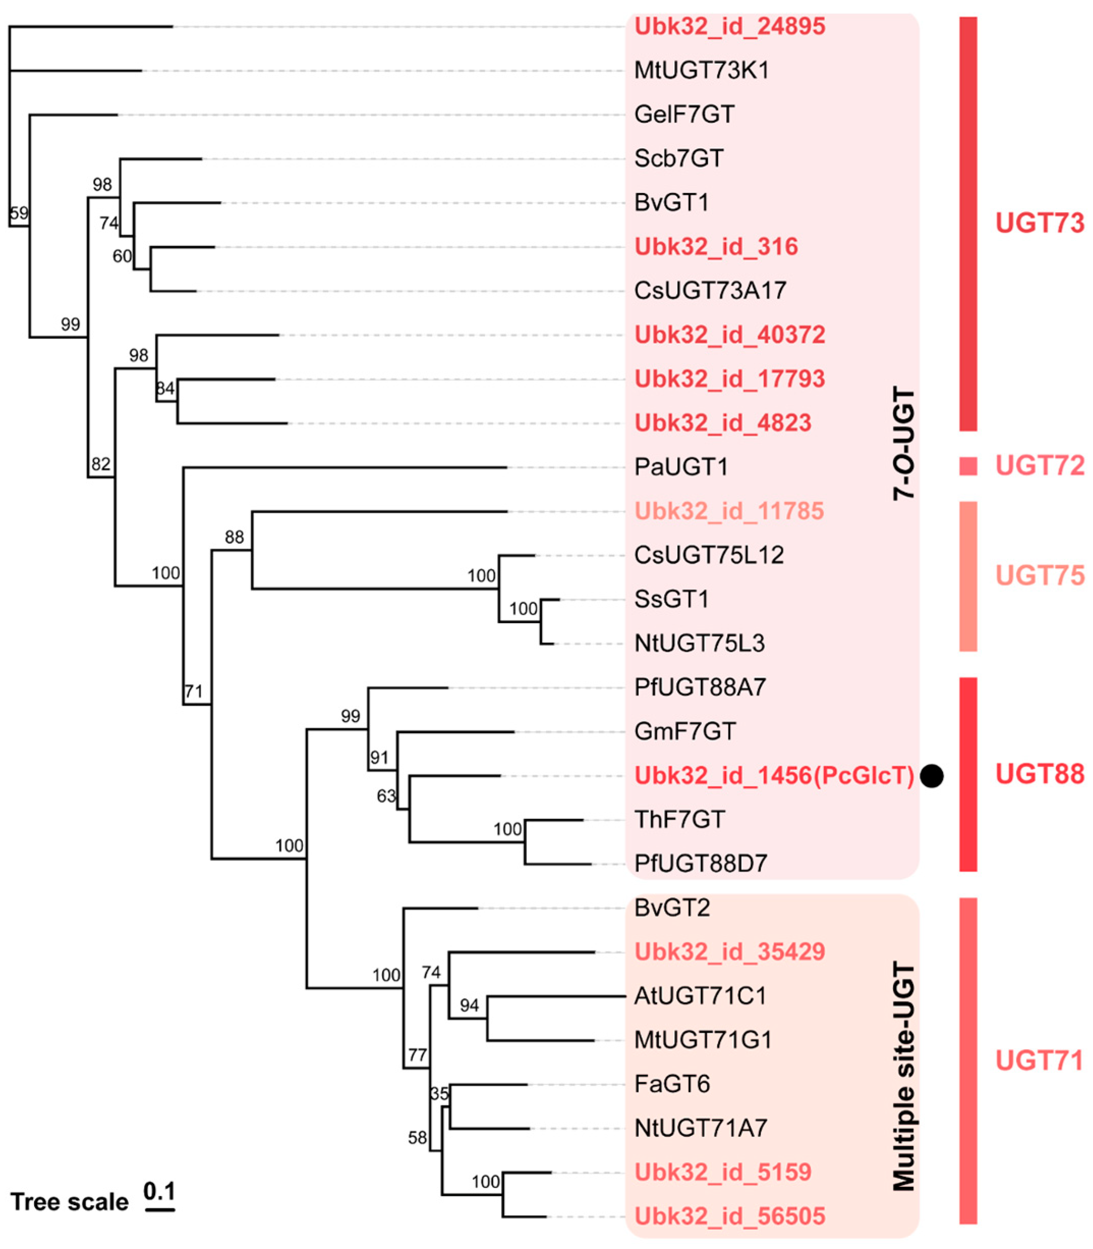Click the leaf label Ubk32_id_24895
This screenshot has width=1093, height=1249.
click(730, 26)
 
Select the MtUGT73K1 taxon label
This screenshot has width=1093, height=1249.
click(701, 70)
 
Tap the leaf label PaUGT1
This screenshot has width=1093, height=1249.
click(681, 467)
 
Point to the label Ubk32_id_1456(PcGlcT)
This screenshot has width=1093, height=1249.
click(774, 775)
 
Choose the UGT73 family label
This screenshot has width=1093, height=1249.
click(1040, 224)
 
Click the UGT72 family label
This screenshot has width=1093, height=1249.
click(1040, 466)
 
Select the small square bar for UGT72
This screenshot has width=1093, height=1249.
click(968, 466)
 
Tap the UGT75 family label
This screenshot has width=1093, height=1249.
click(1040, 575)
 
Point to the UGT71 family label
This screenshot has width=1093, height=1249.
click(1040, 1061)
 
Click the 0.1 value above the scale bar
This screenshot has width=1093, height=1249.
click(159, 1191)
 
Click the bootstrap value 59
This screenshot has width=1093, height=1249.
click(19, 213)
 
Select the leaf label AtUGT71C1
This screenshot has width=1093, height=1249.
click(700, 996)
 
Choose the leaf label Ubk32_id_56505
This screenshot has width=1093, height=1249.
click(730, 1216)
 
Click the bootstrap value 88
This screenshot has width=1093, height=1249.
click(234, 537)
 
